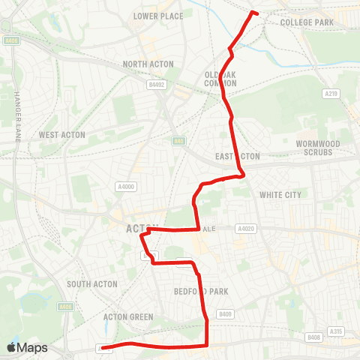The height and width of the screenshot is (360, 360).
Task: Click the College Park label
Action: pyautogui.click(x=306, y=22)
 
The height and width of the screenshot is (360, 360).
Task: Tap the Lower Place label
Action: pyautogui.click(x=157, y=16)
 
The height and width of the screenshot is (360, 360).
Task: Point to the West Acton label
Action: pyautogui.click(x=62, y=135)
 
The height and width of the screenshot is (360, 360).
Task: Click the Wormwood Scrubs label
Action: pyautogui.click(x=318, y=147)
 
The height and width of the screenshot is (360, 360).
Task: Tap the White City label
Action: pyautogui.click(x=280, y=195)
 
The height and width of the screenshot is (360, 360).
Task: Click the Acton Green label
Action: pyautogui.click(x=127, y=317)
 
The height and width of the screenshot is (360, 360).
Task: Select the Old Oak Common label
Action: pyautogui.click(x=220, y=79)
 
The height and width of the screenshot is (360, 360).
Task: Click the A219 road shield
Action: pyautogui.click(x=331, y=94)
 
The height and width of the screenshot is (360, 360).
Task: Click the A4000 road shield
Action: pyautogui.click(x=125, y=186)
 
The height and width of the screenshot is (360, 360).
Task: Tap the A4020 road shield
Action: pyautogui.click(x=244, y=228)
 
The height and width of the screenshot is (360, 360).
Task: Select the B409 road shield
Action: pyautogui.click(x=224, y=313)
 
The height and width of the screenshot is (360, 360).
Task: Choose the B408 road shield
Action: pyautogui.click(x=313, y=338)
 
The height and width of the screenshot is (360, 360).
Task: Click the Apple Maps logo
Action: pyautogui.click(x=27, y=347)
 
